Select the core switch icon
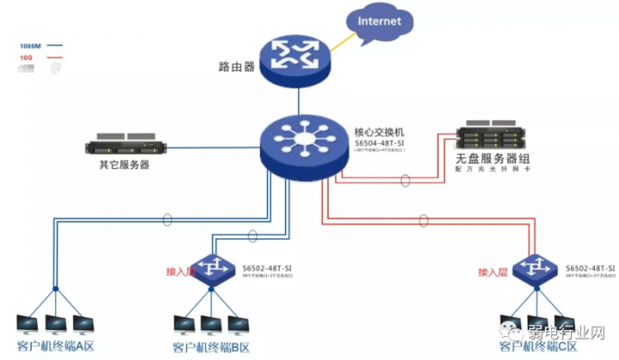pyautogui.click(x=298, y=144)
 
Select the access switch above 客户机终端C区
pyautogui.click(x=536, y=266)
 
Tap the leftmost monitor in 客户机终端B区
pyautogui.click(x=185, y=324)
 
